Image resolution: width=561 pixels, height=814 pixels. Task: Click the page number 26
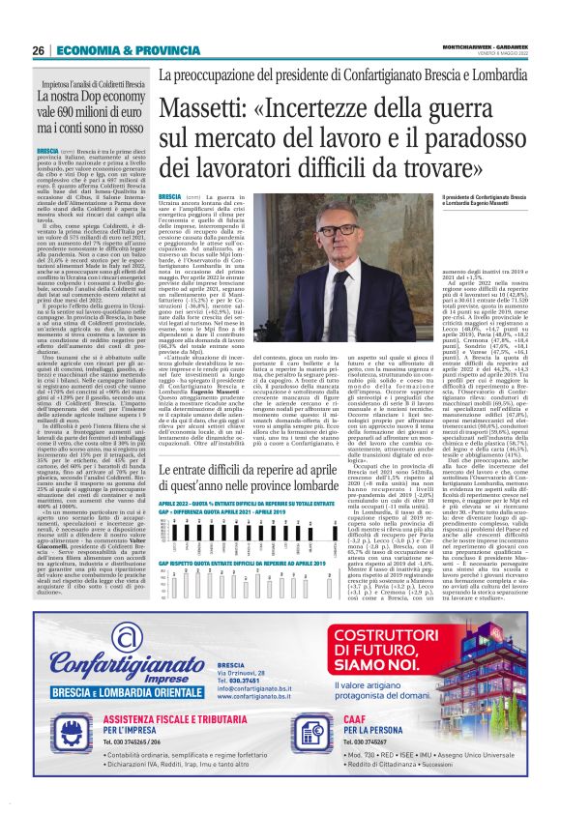coord(39,50)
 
